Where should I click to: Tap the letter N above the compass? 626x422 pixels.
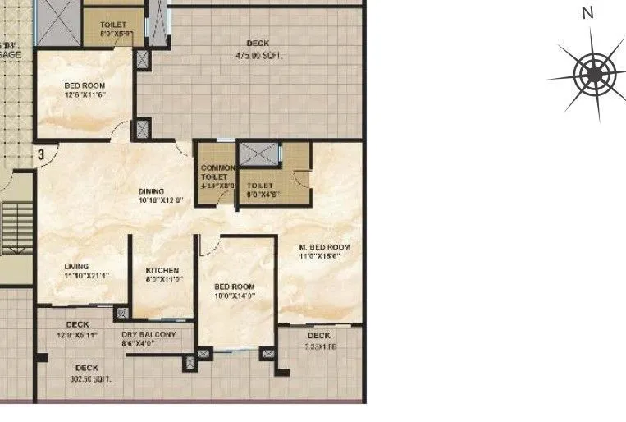(587, 12)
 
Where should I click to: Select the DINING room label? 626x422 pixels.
(150, 191)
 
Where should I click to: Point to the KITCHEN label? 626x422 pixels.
(162, 270)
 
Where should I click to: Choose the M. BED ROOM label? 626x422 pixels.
(324, 247)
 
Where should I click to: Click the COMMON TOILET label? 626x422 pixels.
(217, 172)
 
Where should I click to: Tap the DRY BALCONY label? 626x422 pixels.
(149, 334)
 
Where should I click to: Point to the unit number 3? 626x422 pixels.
(39, 154)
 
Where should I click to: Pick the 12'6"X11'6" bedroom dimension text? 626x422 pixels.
(85, 95)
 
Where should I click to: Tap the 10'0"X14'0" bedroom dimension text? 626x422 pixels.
(235, 296)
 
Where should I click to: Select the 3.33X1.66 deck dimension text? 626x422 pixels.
(319, 347)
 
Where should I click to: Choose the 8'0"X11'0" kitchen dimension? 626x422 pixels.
(162, 279)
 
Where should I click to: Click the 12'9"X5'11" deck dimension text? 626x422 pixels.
(77, 336)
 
